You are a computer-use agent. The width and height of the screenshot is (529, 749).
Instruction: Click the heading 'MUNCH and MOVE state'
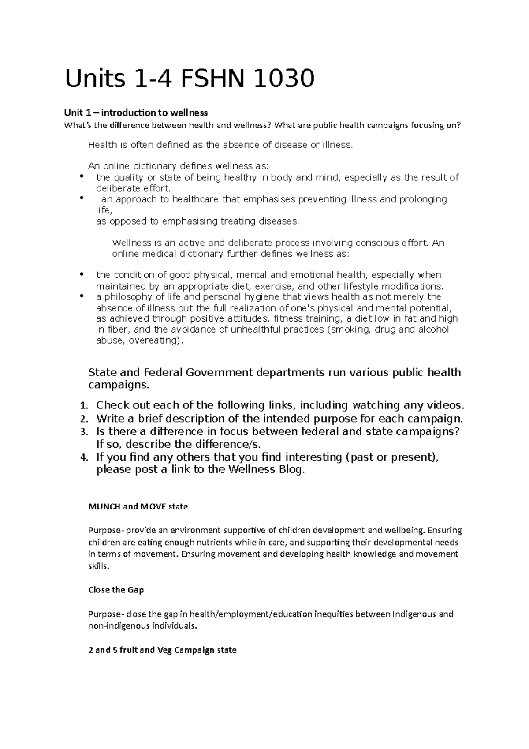point(138,506)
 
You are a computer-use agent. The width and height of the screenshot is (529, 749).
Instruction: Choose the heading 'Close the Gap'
point(116,590)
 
